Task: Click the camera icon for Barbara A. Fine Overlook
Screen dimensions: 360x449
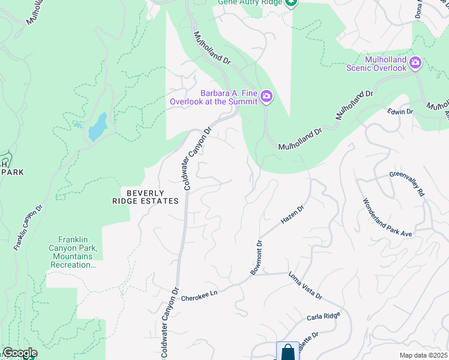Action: click(x=267, y=97)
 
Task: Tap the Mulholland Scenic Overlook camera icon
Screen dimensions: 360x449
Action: click(x=415, y=63)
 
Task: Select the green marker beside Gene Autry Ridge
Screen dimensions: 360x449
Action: click(x=291, y=3)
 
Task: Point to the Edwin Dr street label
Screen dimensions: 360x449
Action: click(x=400, y=112)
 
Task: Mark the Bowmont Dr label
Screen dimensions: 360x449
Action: click(x=257, y=258)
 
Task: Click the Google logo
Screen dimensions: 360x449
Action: click(x=19, y=353)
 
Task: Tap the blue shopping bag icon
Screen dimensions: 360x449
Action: click(x=288, y=352)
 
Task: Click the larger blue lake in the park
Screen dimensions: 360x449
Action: click(x=97, y=128)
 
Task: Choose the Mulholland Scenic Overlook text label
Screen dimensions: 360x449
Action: click(x=376, y=63)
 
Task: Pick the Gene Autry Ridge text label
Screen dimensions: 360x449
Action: click(x=250, y=3)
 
